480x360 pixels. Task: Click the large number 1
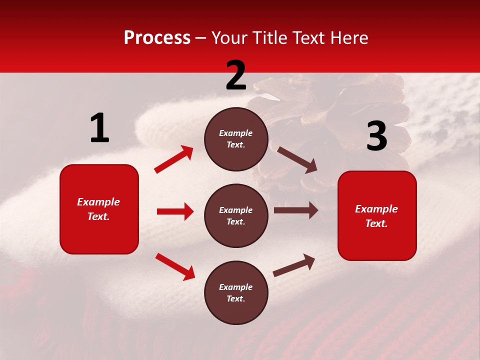[99, 128]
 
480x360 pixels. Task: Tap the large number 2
[236, 75]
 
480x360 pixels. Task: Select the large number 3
[377, 136]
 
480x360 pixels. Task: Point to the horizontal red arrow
[175, 211]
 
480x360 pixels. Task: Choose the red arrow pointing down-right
[175, 266]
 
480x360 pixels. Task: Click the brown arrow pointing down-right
[297, 160]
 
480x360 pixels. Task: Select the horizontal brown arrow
[295, 210]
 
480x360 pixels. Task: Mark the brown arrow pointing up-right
[294, 265]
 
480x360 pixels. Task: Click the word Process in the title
[157, 37]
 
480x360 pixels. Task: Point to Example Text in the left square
[98, 209]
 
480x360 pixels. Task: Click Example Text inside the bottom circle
[236, 292]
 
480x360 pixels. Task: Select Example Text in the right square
[376, 216]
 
